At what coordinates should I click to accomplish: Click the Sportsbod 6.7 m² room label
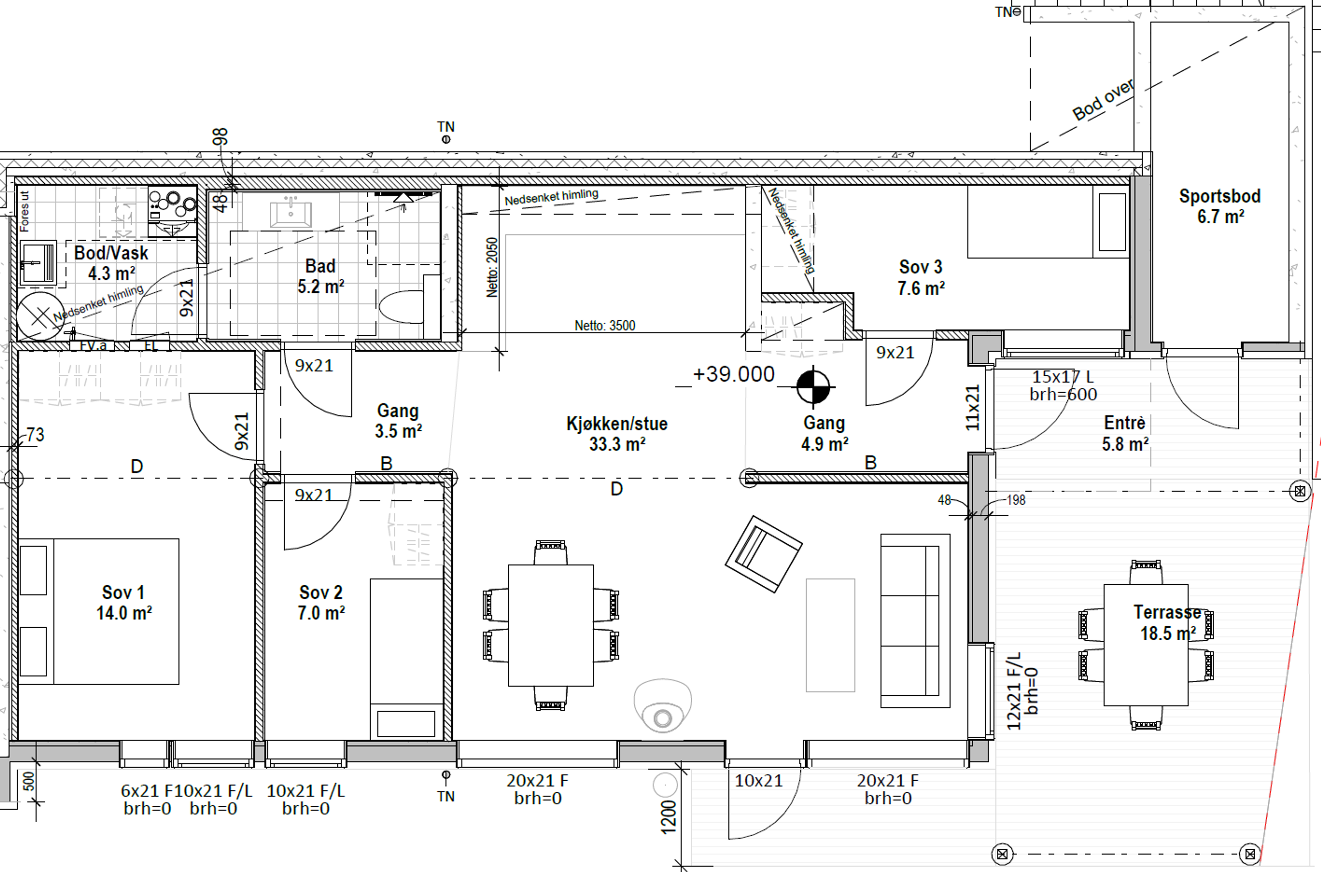coord(1220,206)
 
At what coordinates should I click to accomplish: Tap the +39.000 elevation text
coord(733,374)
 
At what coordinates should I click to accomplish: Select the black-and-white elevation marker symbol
coord(813,386)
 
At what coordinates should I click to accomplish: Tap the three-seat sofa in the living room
coord(915,621)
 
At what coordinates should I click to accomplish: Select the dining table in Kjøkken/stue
coord(550,625)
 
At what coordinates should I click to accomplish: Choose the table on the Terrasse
coord(1146,644)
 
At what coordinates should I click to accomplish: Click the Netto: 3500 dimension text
coord(605,325)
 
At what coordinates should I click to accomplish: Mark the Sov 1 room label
coord(123,602)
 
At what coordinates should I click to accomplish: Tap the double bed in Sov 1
coord(98,611)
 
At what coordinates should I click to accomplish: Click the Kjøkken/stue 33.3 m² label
coord(616,434)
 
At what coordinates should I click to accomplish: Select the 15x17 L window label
coord(1063,376)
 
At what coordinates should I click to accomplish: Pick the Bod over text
coord(1103,100)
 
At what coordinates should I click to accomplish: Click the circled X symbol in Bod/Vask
coord(40,317)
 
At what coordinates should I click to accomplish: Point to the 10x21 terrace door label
coord(759,781)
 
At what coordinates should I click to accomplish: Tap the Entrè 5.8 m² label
coord(1125,433)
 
